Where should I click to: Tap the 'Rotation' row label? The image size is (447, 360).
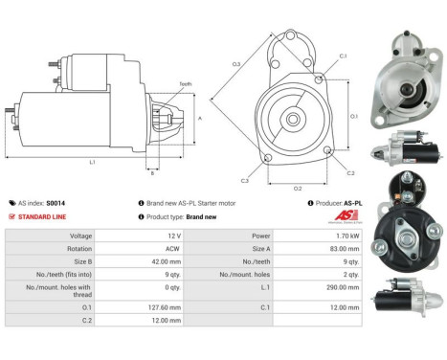tap(53, 247)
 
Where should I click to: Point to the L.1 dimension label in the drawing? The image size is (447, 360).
tap(93, 163)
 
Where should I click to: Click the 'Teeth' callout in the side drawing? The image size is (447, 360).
tap(185, 84)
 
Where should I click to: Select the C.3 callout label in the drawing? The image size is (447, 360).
tap(245, 180)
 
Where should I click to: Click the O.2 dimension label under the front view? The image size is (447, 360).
tap(298, 187)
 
